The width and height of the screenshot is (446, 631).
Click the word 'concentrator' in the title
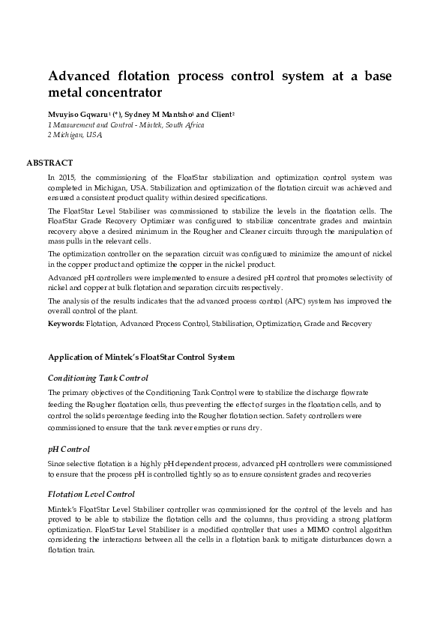tap(125, 94)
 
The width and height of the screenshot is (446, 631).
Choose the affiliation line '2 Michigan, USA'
tap(74, 135)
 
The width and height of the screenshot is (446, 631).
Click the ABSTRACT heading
tap(49, 163)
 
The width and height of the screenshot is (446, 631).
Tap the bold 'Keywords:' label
tap(66, 324)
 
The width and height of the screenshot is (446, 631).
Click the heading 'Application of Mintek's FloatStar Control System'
tap(141, 357)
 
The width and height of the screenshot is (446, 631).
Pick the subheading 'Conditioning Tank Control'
tap(97, 378)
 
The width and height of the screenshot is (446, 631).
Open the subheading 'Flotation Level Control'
tap(91, 494)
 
